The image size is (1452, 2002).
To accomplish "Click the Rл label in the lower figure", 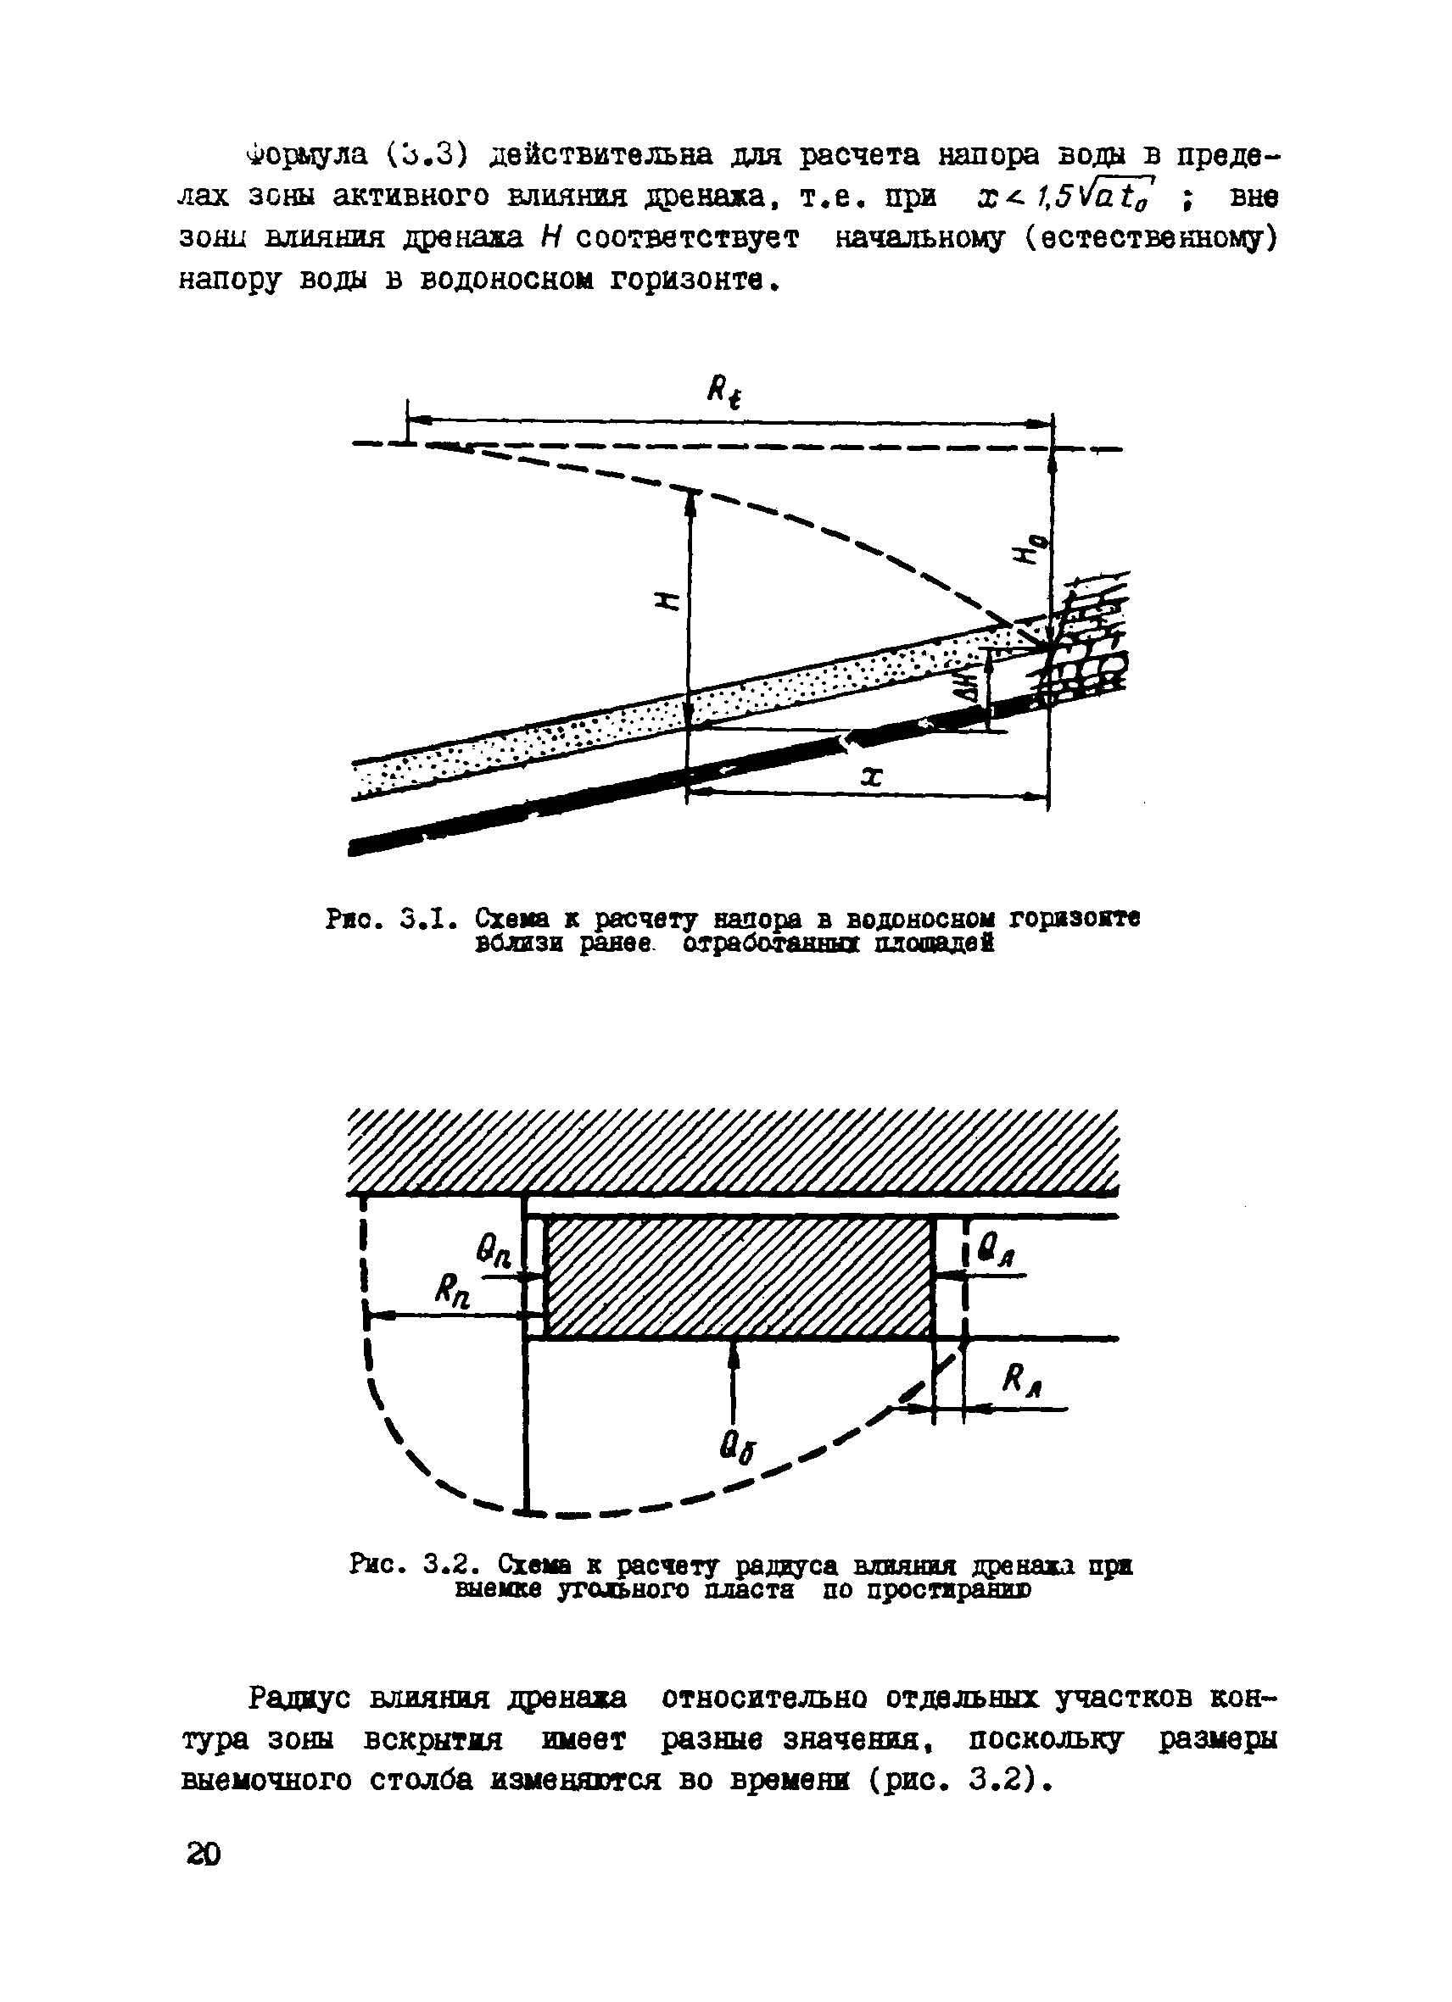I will pyautogui.click(x=1023, y=1380).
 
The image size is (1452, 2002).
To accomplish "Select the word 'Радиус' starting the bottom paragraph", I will pyautogui.click(x=300, y=1698).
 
